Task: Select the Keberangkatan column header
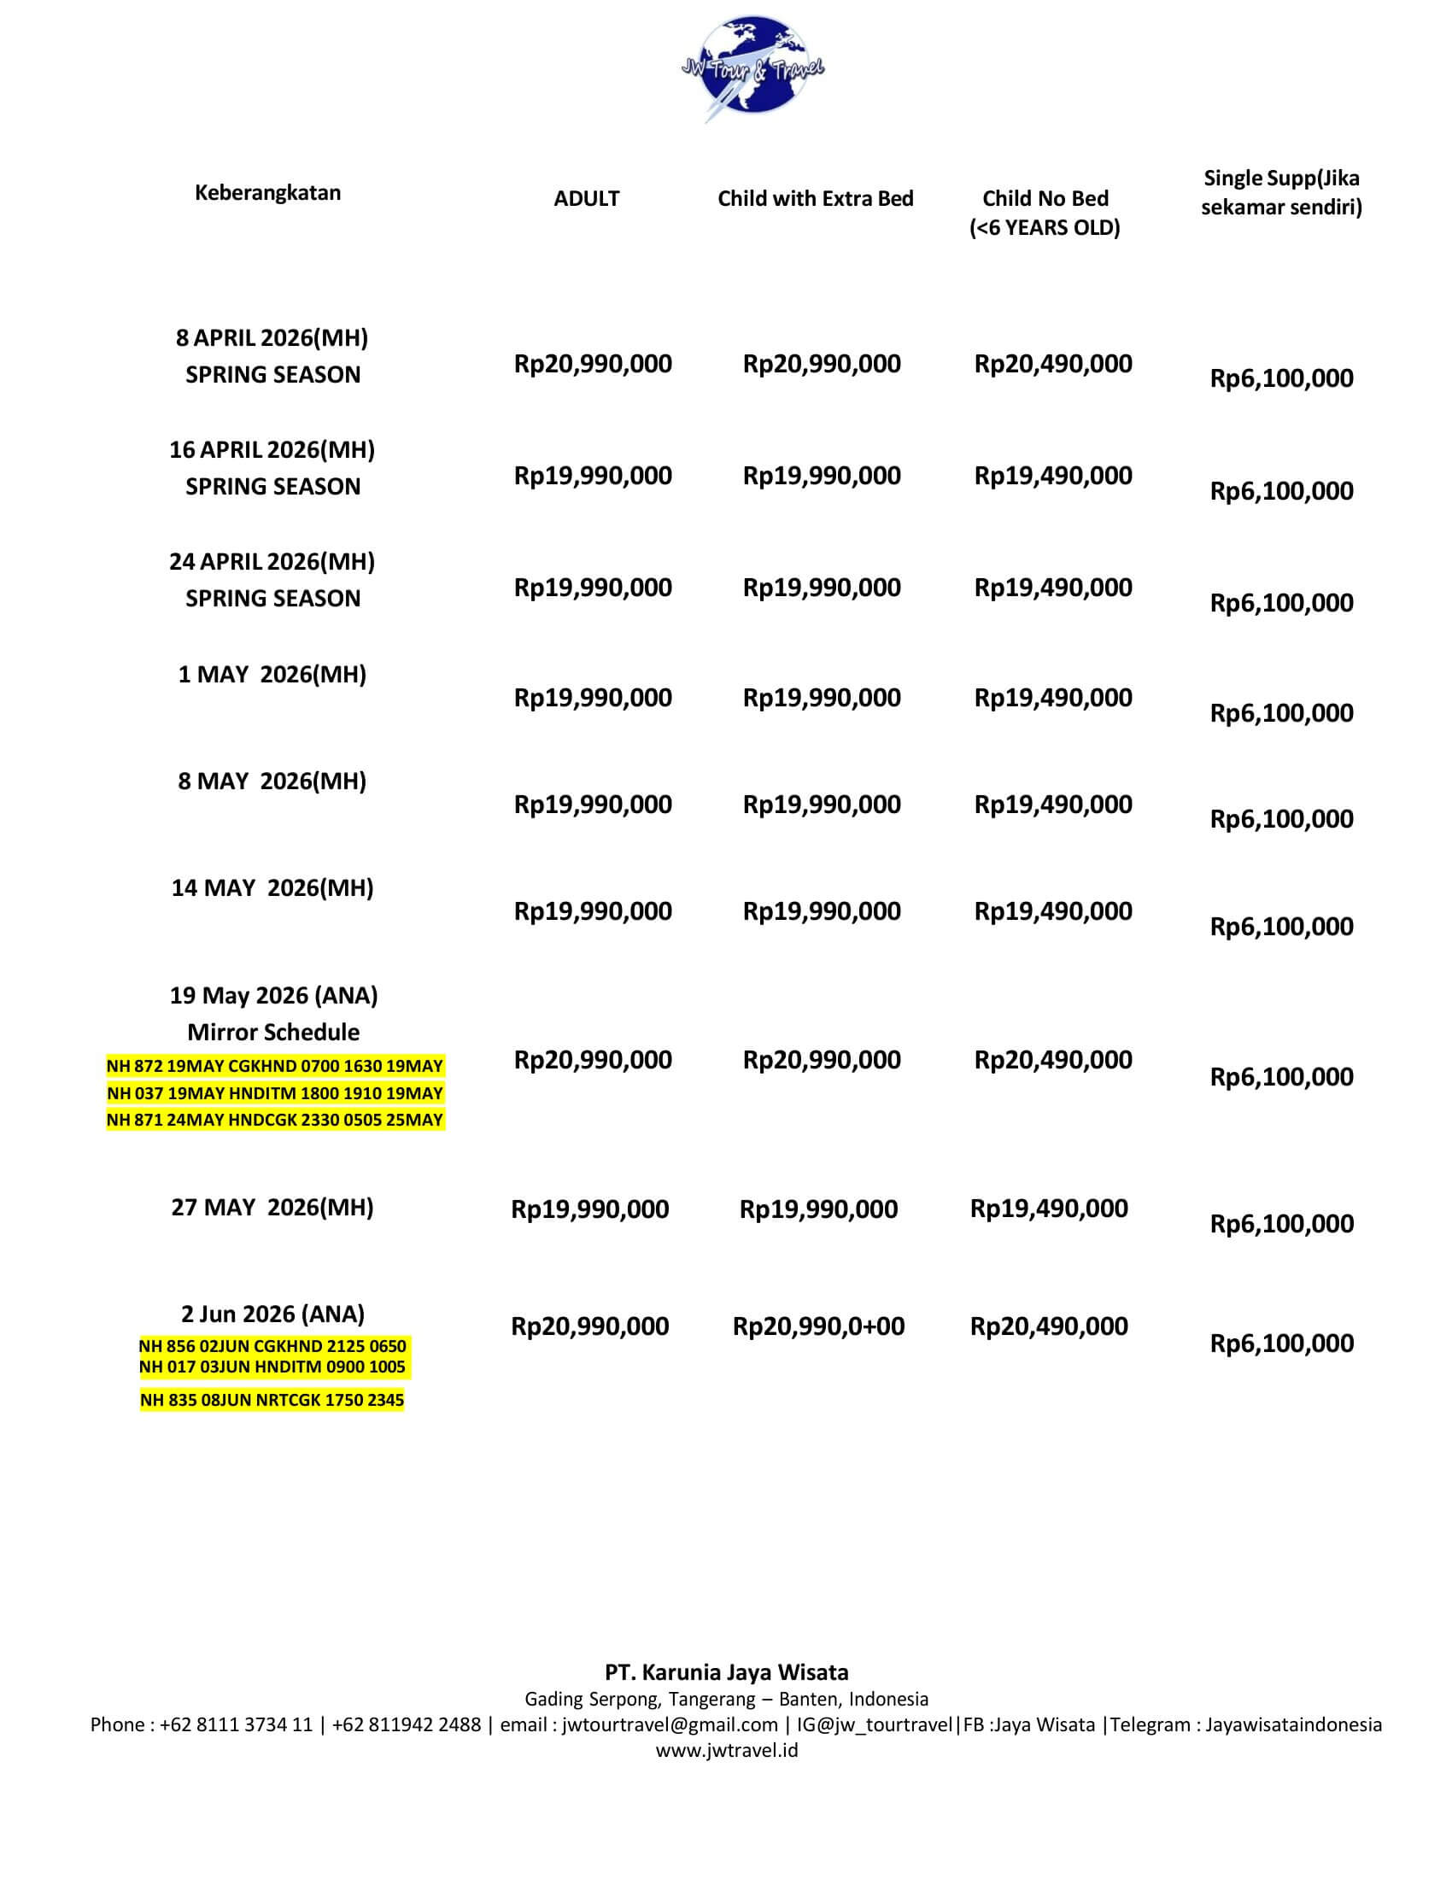click(x=267, y=193)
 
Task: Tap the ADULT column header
click(x=587, y=199)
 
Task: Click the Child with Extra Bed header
click(x=816, y=199)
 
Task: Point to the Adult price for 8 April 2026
click(x=593, y=364)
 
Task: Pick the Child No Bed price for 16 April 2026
click(x=1053, y=476)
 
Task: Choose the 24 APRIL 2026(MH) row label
click(x=272, y=562)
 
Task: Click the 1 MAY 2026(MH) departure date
click(x=272, y=675)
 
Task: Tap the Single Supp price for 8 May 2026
click(x=1282, y=819)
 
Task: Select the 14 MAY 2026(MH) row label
click(x=272, y=888)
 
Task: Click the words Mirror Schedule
click(x=273, y=1033)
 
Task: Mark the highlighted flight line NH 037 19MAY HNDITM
click(x=274, y=1093)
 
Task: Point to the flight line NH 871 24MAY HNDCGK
click(x=274, y=1121)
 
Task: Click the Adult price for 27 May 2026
click(x=590, y=1209)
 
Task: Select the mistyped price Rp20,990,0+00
click(x=819, y=1326)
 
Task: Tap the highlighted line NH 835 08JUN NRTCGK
click(x=272, y=1400)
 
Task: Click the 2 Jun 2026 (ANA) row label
click(x=272, y=1314)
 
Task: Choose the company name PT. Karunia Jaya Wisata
click(x=726, y=1672)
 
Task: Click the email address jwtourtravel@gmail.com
click(x=670, y=1725)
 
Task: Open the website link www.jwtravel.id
click(x=726, y=1751)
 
